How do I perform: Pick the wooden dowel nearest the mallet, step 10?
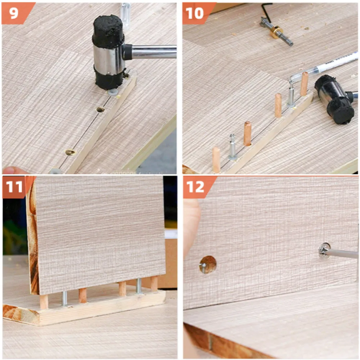click(x=305, y=84)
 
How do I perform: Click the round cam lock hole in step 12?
click(x=208, y=265)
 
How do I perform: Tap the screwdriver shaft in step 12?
click(x=342, y=253)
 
